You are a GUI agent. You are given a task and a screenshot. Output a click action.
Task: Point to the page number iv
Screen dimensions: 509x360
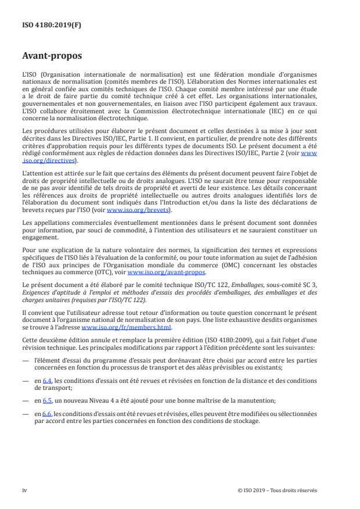pyautogui.click(x=24, y=490)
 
